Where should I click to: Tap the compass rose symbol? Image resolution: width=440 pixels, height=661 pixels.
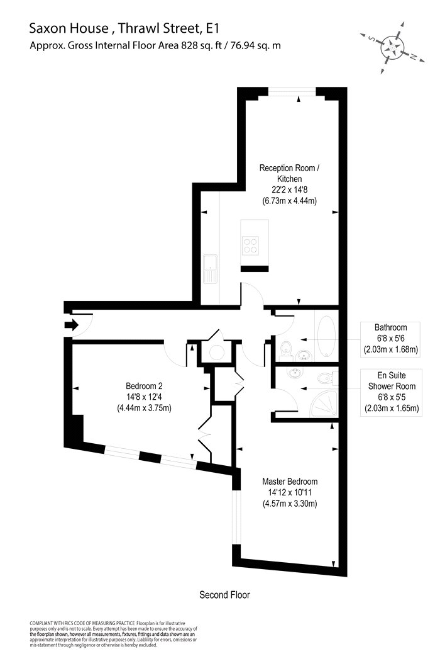point(392,47)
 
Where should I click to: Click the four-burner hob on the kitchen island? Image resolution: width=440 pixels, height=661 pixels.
point(250,246)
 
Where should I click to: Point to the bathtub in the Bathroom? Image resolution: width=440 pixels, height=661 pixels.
point(326,336)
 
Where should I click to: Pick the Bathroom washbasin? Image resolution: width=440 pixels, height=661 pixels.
point(303,356)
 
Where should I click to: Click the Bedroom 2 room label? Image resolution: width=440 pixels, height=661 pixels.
point(144,397)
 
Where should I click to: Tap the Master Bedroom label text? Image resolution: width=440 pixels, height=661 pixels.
point(290,482)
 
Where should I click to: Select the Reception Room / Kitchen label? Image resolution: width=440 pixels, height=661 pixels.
point(289,173)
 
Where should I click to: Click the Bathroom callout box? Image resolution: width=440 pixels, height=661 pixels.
point(391,339)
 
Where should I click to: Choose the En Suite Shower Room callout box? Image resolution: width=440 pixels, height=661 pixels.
point(391,392)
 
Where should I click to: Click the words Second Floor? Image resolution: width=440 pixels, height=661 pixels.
point(224,595)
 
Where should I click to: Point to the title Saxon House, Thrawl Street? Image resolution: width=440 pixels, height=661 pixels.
point(124,28)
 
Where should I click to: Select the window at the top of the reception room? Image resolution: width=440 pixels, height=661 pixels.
point(292,91)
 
